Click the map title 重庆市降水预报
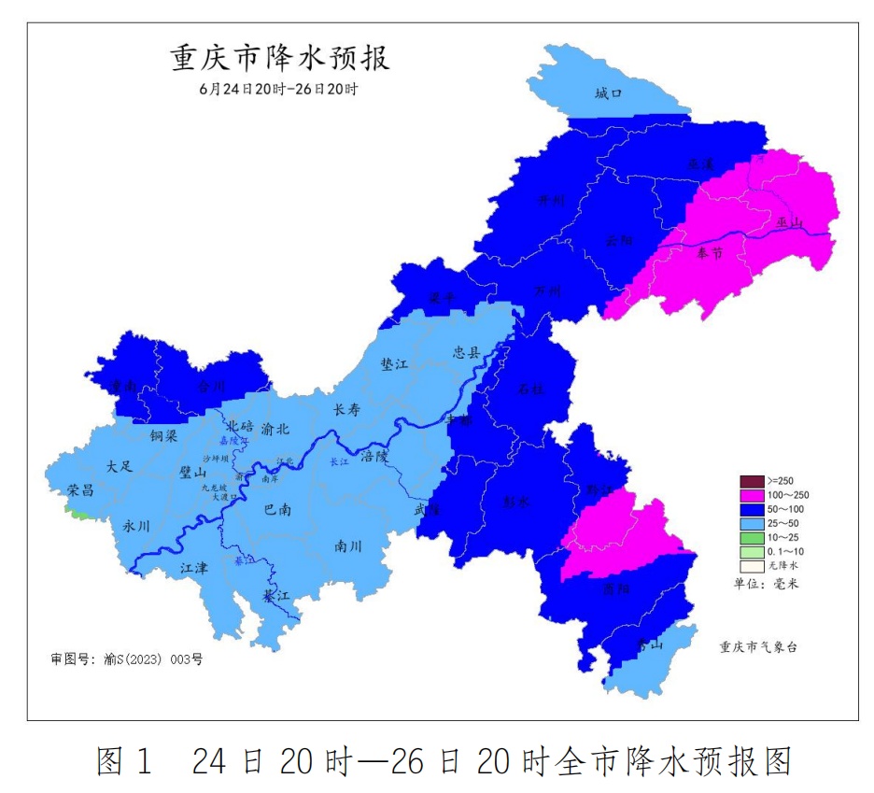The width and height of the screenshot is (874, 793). tap(279, 59)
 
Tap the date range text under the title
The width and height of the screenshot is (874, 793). tap(278, 90)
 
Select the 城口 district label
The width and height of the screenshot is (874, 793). tap(608, 93)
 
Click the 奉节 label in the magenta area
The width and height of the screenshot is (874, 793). tap(710, 253)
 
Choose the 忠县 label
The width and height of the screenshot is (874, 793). tap(467, 352)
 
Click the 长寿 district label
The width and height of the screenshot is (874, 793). tap(348, 409)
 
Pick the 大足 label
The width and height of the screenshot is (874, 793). tap(120, 465)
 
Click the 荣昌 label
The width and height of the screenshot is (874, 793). tap(80, 490)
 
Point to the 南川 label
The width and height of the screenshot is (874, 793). tap(348, 546)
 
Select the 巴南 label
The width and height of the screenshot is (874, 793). tap(277, 510)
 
